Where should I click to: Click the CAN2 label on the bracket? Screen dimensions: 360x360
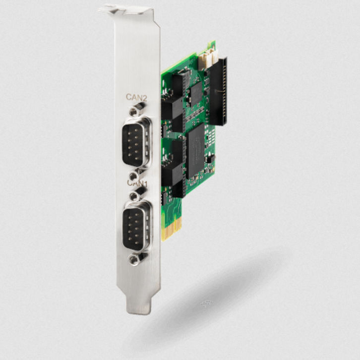pos(136,98)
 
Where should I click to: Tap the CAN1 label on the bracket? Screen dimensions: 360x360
pos(137,183)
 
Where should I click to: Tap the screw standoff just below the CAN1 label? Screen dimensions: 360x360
pos(135,195)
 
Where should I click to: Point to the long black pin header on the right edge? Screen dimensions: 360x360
pos(217,92)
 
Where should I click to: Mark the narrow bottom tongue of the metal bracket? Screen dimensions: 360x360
pos(138,302)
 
